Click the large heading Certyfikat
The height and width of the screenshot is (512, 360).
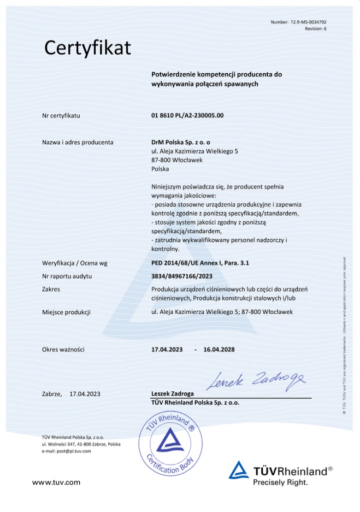(87, 48)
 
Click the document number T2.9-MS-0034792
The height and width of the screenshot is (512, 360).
(308, 22)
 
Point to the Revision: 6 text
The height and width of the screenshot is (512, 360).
(315, 28)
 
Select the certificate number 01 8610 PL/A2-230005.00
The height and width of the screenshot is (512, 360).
(187, 116)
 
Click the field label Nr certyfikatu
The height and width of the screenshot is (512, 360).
(61, 116)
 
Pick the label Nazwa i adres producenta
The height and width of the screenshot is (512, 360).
(78, 143)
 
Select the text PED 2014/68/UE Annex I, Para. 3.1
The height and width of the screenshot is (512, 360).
(200, 263)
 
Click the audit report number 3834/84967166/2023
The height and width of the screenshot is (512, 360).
(182, 276)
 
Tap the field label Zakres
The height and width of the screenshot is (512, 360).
(51, 289)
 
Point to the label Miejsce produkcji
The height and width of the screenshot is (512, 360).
(66, 312)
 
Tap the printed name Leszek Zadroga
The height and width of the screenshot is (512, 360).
(172, 393)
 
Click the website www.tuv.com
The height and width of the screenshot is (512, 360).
(56, 482)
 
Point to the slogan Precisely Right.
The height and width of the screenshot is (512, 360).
(280, 482)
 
